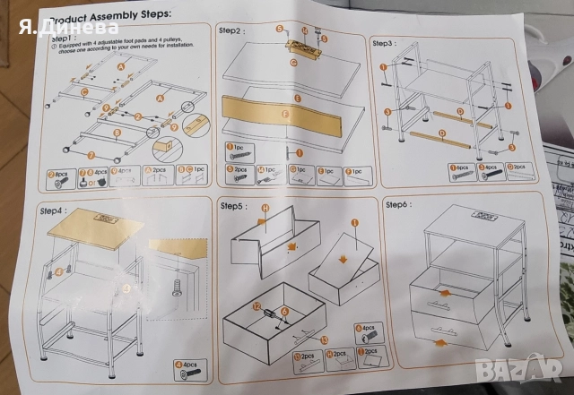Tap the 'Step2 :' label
coord(232,30)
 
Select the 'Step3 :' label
coord(385,43)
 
